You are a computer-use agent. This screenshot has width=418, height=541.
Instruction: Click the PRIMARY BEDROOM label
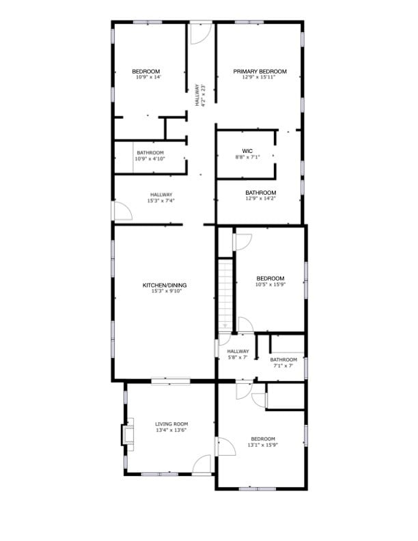260,71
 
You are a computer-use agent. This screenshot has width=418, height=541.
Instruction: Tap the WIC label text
247,151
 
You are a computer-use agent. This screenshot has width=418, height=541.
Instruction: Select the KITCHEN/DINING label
165,286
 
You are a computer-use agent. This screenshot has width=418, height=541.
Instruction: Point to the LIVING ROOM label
171,424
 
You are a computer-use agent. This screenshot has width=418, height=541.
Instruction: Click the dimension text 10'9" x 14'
146,77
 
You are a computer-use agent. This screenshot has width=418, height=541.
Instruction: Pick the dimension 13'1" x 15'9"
263,445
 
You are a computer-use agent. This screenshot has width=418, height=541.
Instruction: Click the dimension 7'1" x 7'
283,365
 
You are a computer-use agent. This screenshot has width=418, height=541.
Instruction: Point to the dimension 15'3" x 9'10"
165,292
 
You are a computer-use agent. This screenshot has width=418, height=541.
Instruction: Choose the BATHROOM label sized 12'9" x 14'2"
261,193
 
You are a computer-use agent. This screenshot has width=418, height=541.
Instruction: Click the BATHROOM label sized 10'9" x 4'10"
150,152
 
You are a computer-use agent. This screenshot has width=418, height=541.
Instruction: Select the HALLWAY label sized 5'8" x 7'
238,351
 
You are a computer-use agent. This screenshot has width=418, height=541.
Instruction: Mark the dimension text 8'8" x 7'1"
247,157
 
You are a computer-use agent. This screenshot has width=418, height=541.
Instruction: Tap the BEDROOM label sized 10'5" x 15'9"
270,278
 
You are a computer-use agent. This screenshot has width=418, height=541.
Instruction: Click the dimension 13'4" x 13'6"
171,430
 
